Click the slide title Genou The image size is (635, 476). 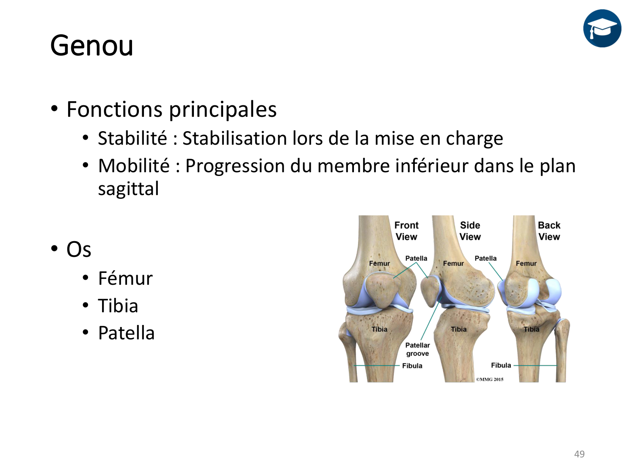(x=91, y=46)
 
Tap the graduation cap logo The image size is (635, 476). (x=602, y=28)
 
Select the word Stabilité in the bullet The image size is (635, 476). (x=133, y=138)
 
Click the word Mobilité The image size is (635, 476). (x=134, y=166)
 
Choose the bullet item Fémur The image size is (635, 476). (x=125, y=278)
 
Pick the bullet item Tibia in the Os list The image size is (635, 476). (x=118, y=305)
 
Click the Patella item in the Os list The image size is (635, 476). (x=127, y=333)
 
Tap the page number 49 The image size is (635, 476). (x=579, y=454)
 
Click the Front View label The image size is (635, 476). (x=406, y=231)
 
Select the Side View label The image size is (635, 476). (x=470, y=231)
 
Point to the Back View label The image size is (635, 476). (x=549, y=231)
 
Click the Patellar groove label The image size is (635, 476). (x=417, y=349)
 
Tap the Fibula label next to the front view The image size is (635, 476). (x=412, y=366)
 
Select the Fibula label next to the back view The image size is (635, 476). (x=501, y=365)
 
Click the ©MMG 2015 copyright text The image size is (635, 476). (x=490, y=379)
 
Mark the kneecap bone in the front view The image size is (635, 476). (x=382, y=290)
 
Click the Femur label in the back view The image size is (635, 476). (x=526, y=264)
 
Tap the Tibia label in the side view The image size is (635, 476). (x=459, y=329)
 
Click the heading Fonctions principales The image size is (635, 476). (x=171, y=110)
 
